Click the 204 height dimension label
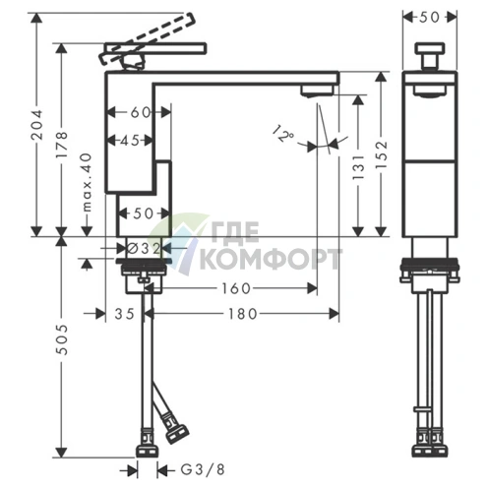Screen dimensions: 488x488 37,125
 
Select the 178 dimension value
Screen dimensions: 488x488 61,145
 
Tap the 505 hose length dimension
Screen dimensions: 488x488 62,339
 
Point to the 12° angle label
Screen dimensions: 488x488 282,133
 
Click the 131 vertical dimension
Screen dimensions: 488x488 358,167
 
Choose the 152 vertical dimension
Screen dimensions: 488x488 382,155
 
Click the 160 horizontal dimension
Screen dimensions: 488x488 236,288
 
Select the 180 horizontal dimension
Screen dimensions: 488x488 243,314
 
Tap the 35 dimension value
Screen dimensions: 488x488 125,314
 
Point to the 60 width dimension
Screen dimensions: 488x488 141,112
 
